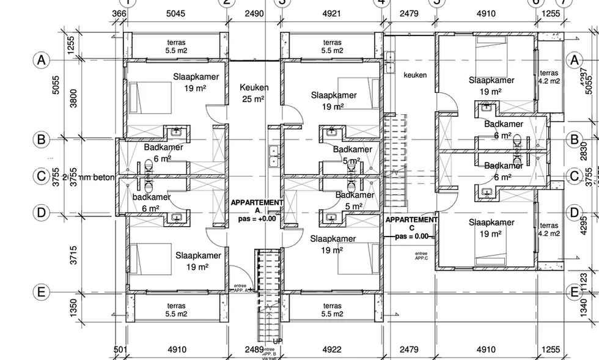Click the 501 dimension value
click(x=120, y=350)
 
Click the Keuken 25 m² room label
click(x=254, y=93)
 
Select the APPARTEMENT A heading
click(x=257, y=206)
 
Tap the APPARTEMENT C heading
click(x=411, y=223)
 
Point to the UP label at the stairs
click(x=278, y=342)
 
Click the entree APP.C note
click(x=421, y=255)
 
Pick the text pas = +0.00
click(x=257, y=218)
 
